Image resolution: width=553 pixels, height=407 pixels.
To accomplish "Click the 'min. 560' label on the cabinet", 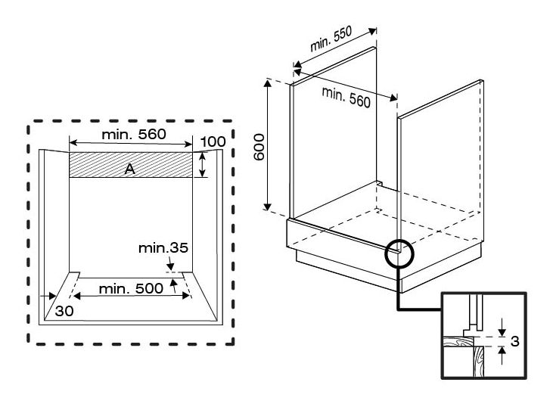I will tap(346, 97).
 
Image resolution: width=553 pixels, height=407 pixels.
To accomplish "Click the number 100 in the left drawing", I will tap(214, 141).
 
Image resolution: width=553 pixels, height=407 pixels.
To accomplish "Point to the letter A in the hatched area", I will tap(129, 170).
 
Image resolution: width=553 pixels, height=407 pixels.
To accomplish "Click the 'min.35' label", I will tap(163, 247).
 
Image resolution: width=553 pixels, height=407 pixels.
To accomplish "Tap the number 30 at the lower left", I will tap(64, 309).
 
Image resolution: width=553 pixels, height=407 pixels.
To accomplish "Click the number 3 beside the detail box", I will tap(514, 341).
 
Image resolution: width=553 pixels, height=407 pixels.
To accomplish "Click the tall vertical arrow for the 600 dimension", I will tap(268, 144).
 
